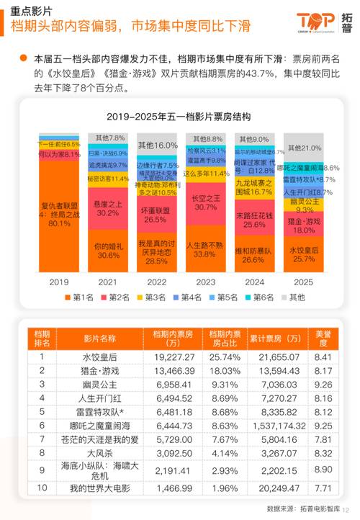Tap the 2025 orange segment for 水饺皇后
303,255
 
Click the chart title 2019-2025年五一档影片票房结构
179,117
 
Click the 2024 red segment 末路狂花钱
254,220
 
